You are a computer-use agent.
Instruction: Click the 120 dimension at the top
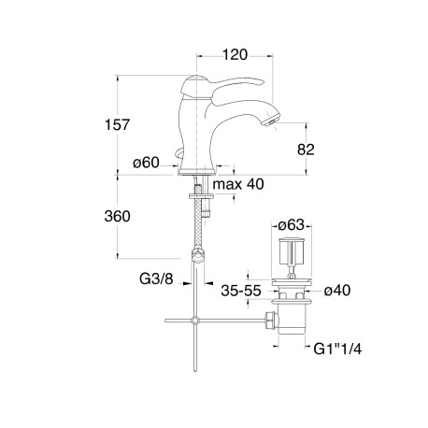point(235,55)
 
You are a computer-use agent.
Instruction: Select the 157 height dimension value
point(117,125)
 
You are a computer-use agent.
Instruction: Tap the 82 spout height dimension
point(306,150)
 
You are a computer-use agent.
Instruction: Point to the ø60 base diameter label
point(146,163)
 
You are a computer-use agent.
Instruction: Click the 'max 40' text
point(238,184)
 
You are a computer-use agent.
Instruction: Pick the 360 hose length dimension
point(117,216)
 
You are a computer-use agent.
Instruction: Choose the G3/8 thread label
point(156,278)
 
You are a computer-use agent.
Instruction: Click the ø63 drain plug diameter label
point(291,224)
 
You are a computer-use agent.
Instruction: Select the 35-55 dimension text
point(241,291)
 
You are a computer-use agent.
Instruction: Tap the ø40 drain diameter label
point(337,291)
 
